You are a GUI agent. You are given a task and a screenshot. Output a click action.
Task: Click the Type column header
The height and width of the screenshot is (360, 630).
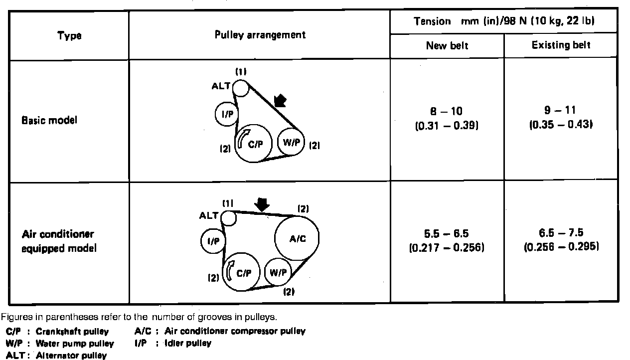69,35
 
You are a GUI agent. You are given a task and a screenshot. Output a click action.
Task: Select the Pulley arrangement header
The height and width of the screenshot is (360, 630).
260,35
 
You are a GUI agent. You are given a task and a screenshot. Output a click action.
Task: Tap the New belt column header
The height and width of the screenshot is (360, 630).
447,46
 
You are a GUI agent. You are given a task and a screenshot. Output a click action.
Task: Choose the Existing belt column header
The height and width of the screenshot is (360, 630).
561,45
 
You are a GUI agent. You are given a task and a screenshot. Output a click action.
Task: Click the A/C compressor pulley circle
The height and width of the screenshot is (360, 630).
297,238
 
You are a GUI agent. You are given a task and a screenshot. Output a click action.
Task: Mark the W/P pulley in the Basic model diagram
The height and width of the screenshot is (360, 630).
291,142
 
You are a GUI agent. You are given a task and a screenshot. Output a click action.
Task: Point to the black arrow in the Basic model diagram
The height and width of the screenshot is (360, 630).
281,102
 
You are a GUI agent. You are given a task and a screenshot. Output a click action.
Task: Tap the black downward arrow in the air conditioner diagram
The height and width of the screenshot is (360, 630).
261,203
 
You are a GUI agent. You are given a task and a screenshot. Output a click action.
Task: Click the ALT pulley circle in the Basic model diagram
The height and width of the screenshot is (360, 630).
240,88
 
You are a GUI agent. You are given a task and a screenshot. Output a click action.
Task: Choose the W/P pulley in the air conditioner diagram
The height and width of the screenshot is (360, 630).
278,272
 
